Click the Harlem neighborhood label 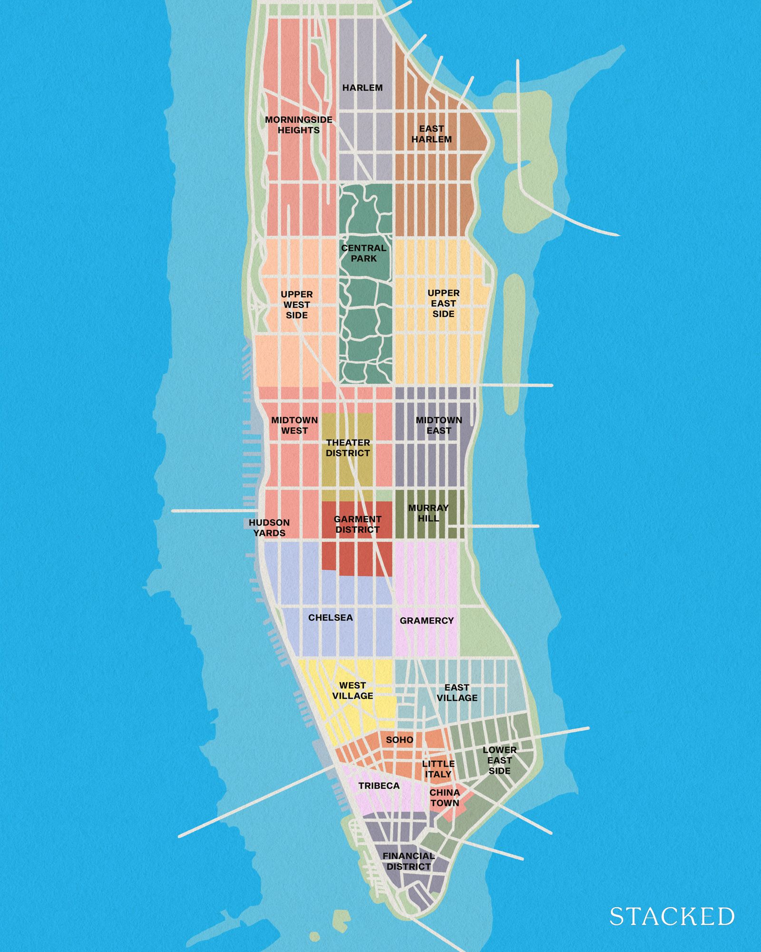[362, 88]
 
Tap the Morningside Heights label [299, 125]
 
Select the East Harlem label [431, 134]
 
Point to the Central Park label [364, 253]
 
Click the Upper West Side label [297, 305]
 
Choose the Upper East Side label [443, 303]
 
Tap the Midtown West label [294, 425]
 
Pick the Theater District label [348, 448]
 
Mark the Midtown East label [439, 425]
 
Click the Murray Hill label [428, 513]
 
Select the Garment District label [357, 524]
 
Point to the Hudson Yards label [269, 528]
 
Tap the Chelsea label [331, 617]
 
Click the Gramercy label [427, 620]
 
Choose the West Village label [352, 691]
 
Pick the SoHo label [400, 740]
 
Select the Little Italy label [438, 769]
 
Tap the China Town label [445, 798]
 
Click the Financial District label [409, 861]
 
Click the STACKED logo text [672, 917]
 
